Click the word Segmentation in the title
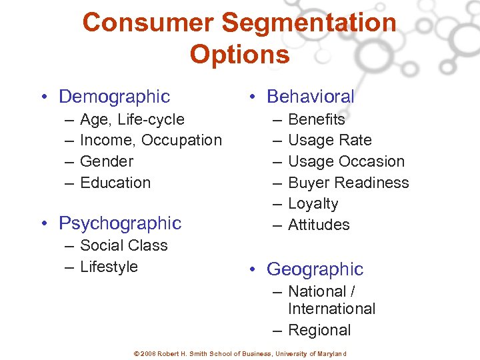(309, 23)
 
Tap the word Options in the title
(240, 54)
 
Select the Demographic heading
(114, 97)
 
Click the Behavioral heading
(310, 97)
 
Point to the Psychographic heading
(120, 223)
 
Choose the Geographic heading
(315, 269)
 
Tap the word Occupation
(181, 140)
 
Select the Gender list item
(107, 161)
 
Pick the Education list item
(115, 183)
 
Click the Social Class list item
(124, 245)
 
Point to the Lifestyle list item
(109, 267)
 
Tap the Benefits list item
(317, 119)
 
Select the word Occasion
(371, 161)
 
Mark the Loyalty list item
(313, 204)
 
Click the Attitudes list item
(319, 225)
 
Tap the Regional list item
(319, 330)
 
